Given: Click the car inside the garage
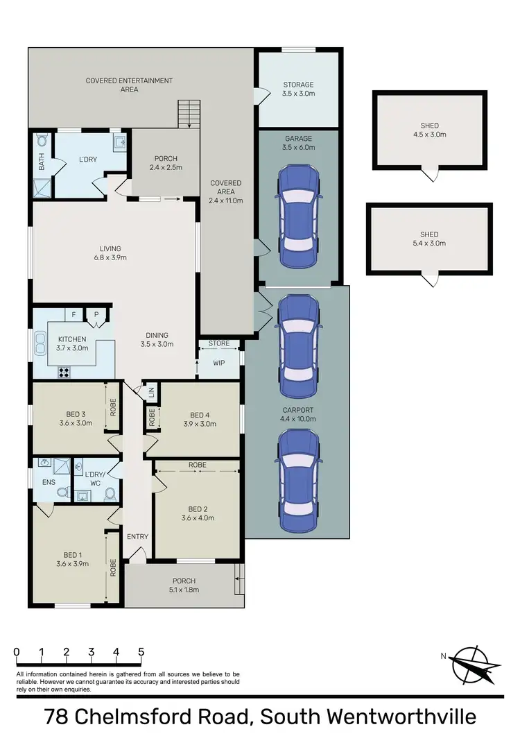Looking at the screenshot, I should click(300, 216).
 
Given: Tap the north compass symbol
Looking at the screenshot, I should click(476, 665).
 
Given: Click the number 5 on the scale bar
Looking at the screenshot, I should click(141, 651).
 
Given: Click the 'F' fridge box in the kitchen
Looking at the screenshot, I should click(73, 315).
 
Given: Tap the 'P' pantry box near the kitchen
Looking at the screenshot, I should click(96, 315).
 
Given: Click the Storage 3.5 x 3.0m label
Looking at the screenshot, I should click(298, 89).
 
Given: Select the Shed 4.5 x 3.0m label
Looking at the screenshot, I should click(429, 130).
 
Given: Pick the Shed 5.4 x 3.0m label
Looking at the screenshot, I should click(429, 239).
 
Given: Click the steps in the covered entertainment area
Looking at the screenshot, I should click(189, 114).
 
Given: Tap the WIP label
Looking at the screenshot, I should click(219, 363).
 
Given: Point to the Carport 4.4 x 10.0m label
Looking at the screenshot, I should click(299, 414).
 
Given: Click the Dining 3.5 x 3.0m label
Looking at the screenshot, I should click(154, 339).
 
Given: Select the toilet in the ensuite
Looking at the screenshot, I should click(62, 493).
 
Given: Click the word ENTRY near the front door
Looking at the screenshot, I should click(137, 536).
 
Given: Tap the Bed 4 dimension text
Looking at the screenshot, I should click(199, 424).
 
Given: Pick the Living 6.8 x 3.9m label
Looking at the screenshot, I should click(110, 253).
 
